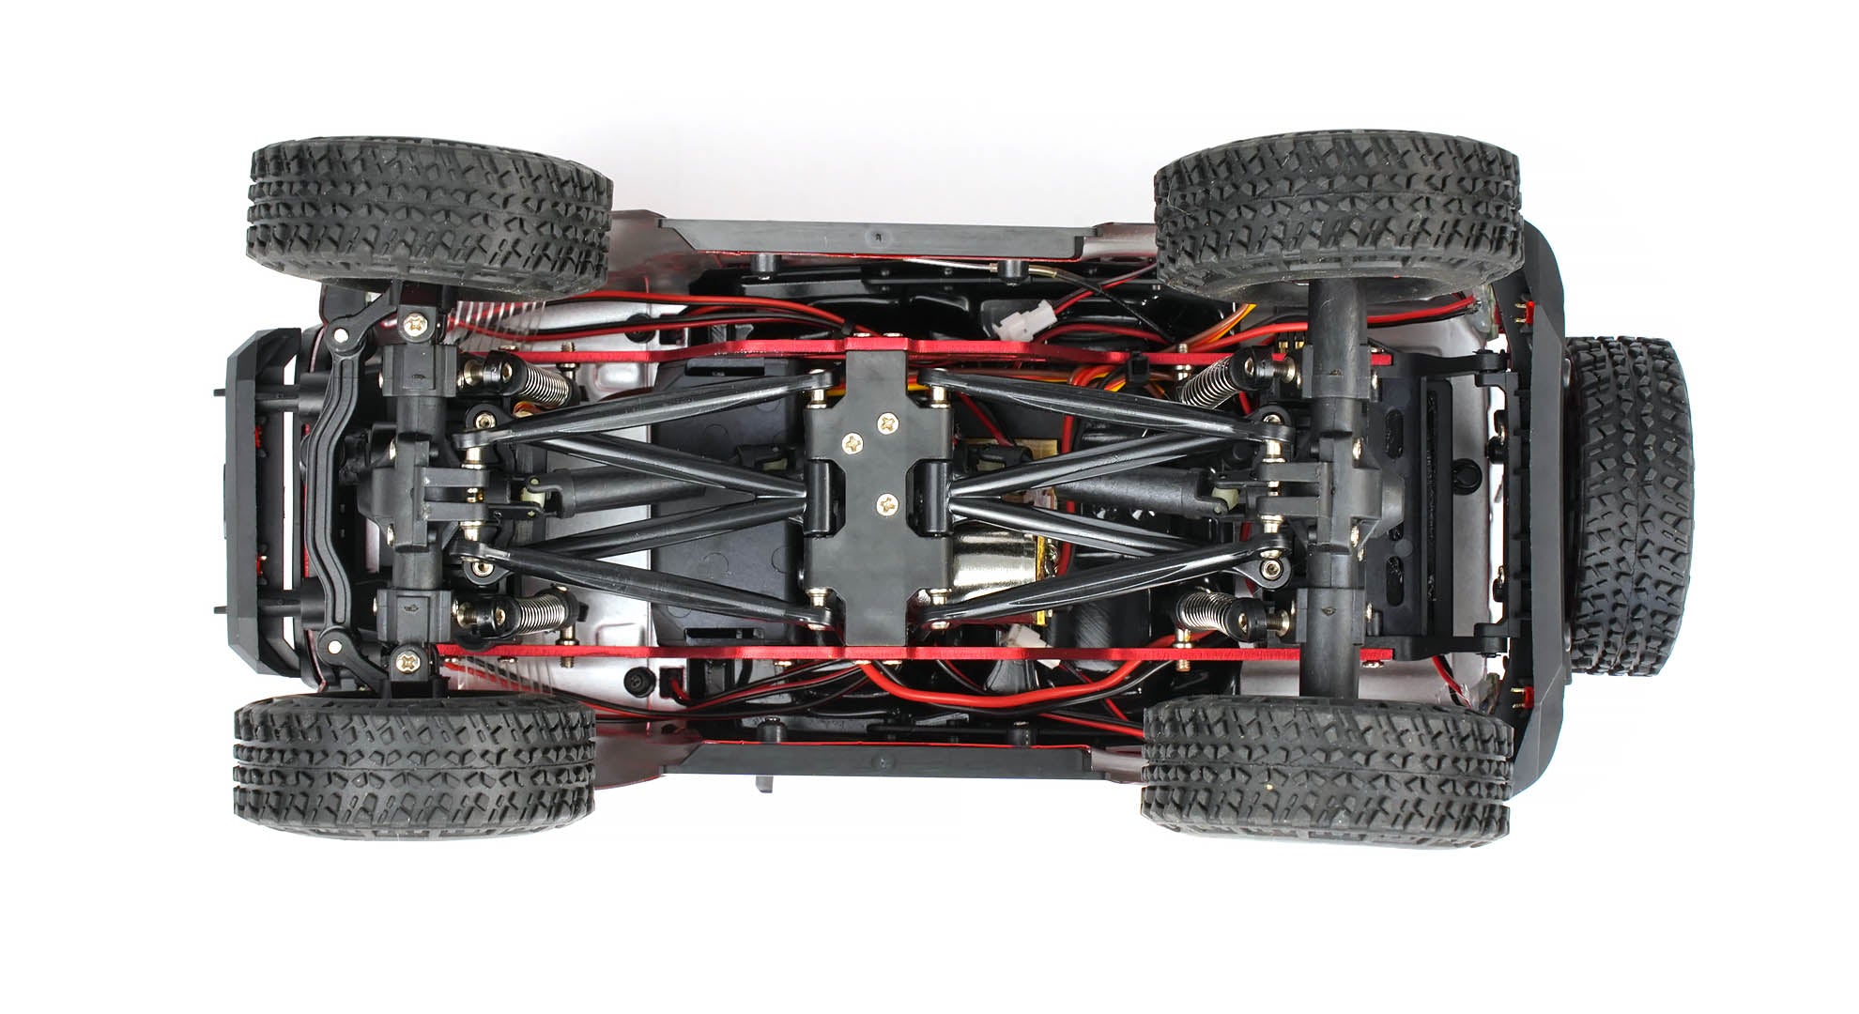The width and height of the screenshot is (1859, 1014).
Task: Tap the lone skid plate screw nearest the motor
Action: click(884, 505)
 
